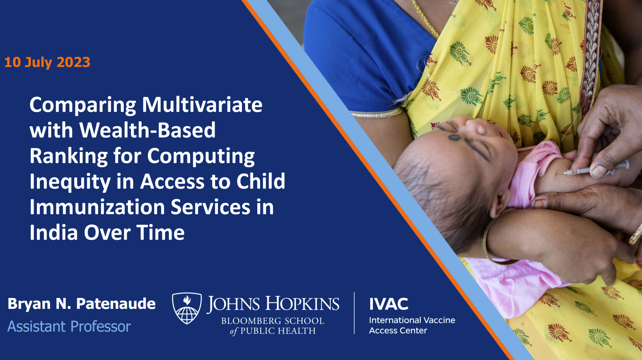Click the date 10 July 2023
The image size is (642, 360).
click(x=47, y=62)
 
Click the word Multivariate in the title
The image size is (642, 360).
click(x=202, y=105)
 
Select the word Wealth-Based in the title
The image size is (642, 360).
click(x=147, y=130)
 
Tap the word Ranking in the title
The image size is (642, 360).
click(x=68, y=156)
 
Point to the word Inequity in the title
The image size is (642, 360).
click(x=69, y=182)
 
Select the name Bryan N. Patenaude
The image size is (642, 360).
click(x=82, y=304)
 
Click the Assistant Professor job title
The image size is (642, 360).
click(x=69, y=326)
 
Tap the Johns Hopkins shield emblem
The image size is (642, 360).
click(x=187, y=308)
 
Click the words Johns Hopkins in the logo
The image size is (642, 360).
click(x=273, y=304)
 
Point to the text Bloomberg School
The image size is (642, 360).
click(x=273, y=321)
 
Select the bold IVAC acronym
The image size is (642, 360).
click(x=388, y=304)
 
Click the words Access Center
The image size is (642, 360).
click(x=398, y=330)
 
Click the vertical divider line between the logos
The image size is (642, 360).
click(x=354, y=313)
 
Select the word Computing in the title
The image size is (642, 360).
click(x=201, y=156)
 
